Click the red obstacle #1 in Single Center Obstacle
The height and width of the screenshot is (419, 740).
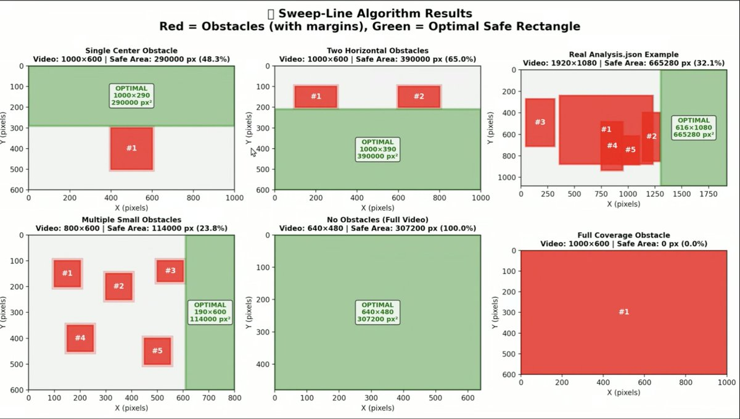[x=131, y=148]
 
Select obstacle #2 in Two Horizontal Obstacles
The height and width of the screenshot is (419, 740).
[x=419, y=96]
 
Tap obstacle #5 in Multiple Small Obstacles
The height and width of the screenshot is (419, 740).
[x=157, y=351]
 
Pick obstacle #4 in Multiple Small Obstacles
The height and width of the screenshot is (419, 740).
[x=80, y=338]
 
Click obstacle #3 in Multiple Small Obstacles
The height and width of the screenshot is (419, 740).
[x=170, y=270]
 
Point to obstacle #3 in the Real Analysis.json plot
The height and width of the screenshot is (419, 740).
[x=540, y=122]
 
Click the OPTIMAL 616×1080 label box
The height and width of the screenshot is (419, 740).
[x=694, y=127]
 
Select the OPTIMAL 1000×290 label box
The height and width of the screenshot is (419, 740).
[x=131, y=96]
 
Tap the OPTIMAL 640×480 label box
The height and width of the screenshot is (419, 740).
[x=377, y=312]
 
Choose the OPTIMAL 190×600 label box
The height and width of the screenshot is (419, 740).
[x=210, y=312]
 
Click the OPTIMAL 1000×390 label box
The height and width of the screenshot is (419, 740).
[x=377, y=149]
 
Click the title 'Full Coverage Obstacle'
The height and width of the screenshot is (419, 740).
[x=623, y=235]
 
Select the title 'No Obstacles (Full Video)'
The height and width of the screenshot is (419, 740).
[x=377, y=220]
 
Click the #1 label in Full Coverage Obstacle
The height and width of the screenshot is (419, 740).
[x=623, y=312]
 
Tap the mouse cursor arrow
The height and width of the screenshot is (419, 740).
[x=253, y=152]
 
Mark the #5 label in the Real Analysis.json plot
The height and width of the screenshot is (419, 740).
[x=630, y=150]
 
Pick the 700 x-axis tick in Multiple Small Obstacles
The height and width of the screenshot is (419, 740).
[x=208, y=398]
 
